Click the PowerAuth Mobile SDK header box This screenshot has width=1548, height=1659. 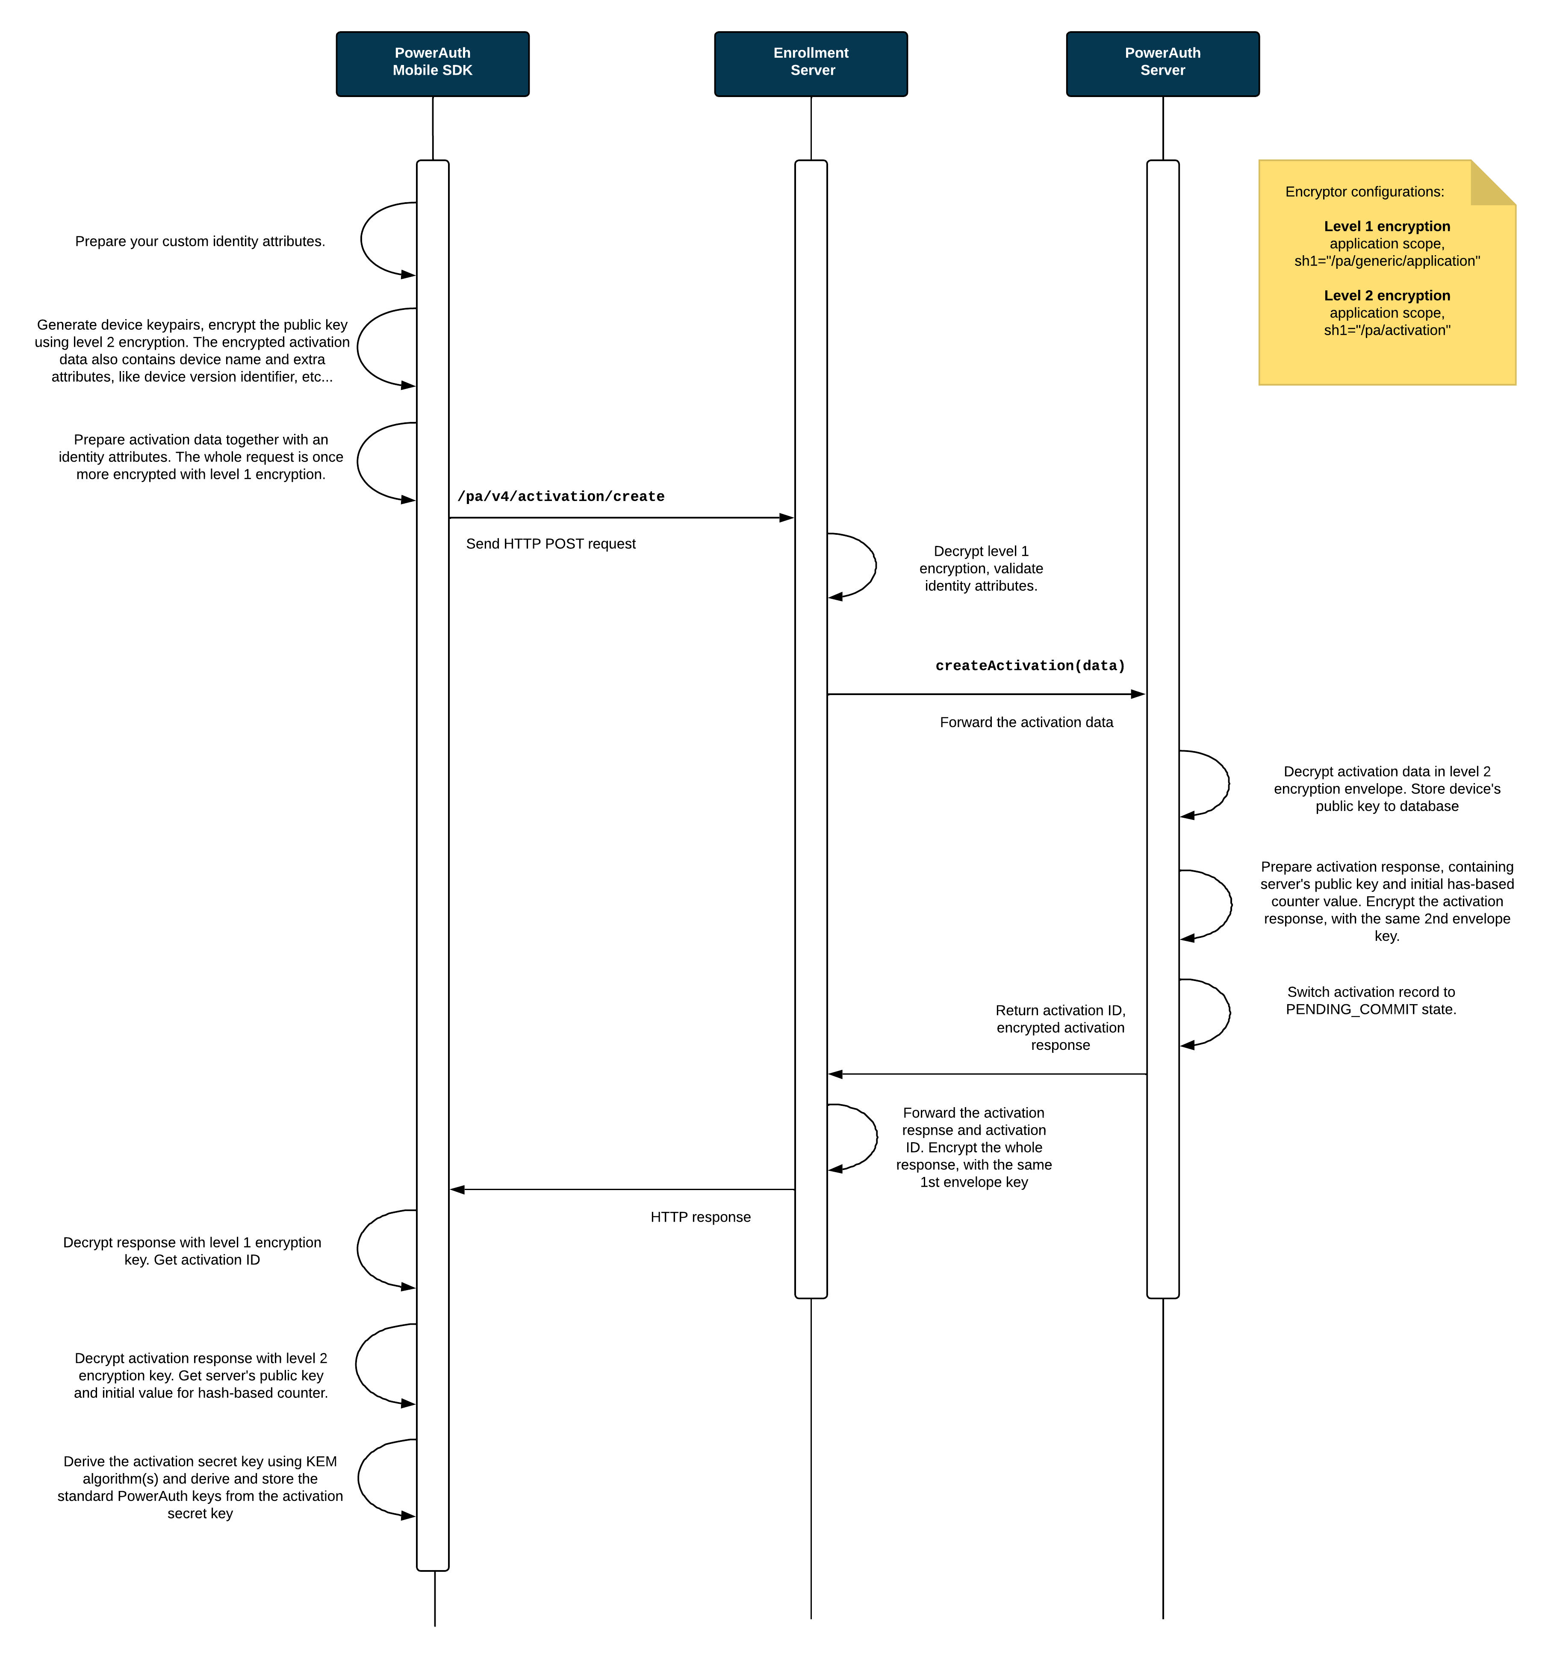point(432,64)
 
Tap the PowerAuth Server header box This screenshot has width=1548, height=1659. point(1162,64)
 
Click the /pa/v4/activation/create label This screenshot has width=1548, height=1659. point(561,497)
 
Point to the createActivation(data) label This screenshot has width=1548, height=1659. point(1030,666)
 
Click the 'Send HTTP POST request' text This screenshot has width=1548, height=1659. point(551,544)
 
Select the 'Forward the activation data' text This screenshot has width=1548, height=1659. point(1026,723)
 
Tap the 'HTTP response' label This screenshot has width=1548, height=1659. point(700,1217)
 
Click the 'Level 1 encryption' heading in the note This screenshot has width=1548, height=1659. point(1387,226)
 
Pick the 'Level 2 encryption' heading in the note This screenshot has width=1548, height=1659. point(1387,295)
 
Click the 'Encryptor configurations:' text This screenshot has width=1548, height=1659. point(1365,192)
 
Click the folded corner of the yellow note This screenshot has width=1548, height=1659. point(1493,183)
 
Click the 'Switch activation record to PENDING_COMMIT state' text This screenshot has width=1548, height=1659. point(1371,1001)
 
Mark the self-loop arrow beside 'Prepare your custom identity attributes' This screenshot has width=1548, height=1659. point(361,239)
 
